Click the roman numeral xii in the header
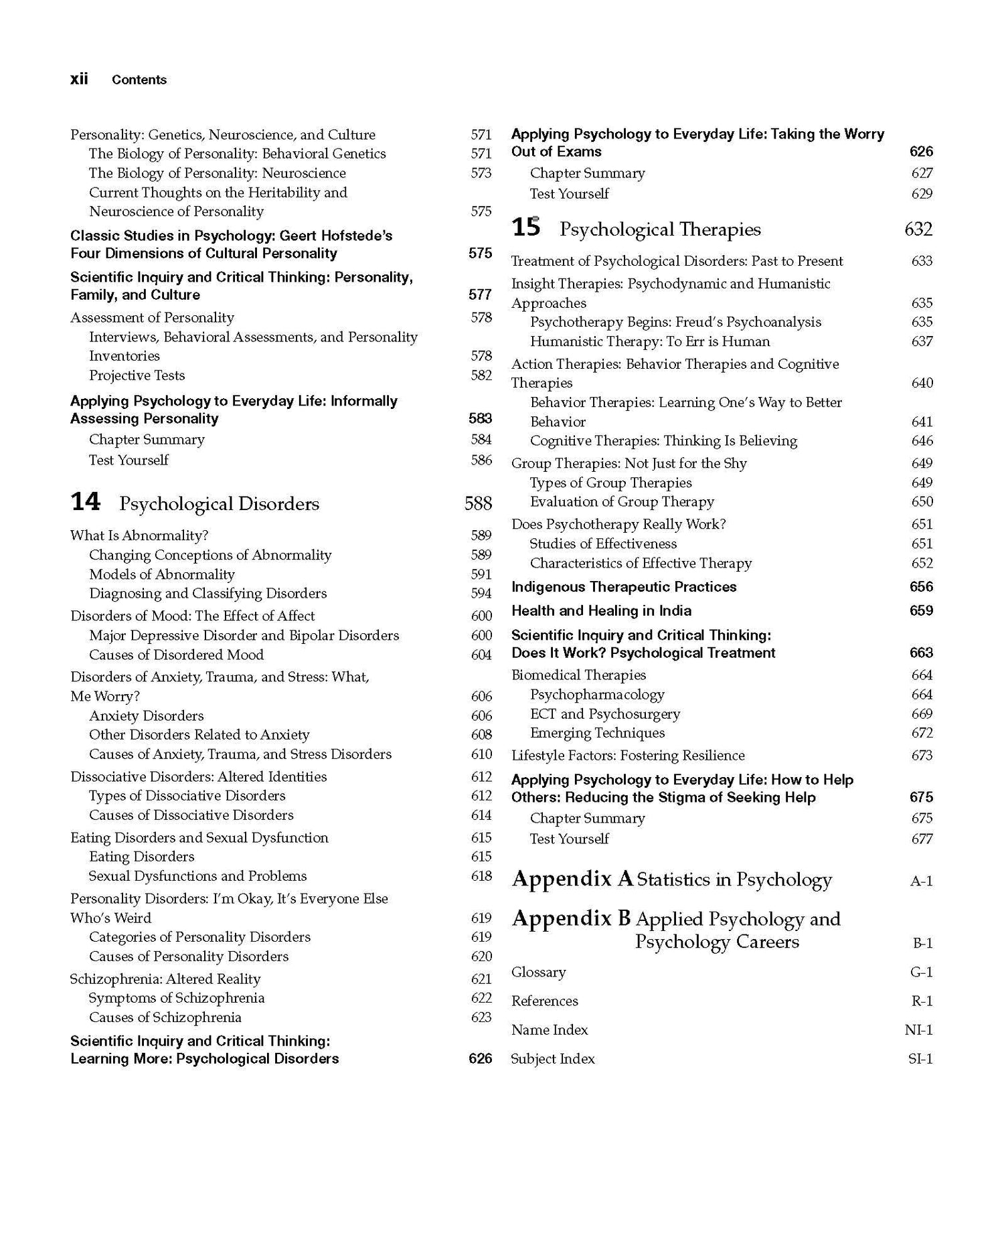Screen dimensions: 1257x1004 click(x=79, y=79)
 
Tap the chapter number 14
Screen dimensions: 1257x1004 click(x=85, y=502)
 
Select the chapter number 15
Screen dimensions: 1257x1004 click(x=525, y=228)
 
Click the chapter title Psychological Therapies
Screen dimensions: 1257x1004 click(x=660, y=230)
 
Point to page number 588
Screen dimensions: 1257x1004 click(x=478, y=503)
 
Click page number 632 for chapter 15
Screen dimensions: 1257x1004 click(x=918, y=230)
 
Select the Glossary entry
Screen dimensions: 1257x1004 click(x=538, y=972)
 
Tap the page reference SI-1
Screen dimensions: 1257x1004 click(x=920, y=1058)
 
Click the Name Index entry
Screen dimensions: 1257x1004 click(x=549, y=1029)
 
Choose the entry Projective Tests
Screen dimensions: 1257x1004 click(x=137, y=375)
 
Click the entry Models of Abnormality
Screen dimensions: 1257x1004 click(x=162, y=574)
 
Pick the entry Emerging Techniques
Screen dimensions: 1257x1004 click(x=597, y=733)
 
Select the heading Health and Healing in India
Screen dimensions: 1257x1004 click(x=601, y=610)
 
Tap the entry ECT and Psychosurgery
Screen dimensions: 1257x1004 click(x=604, y=714)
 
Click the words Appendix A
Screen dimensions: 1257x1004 click(x=572, y=879)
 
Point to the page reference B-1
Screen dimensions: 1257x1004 click(x=922, y=943)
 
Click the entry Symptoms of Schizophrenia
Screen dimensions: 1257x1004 click(x=177, y=998)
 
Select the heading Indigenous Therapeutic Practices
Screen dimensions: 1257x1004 click(x=623, y=587)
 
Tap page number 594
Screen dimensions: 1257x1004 click(x=481, y=594)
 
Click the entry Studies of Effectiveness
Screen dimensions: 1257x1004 click(x=603, y=543)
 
